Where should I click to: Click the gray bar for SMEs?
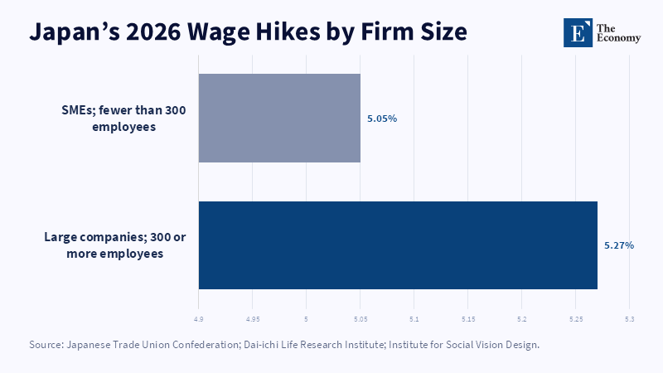(279, 118)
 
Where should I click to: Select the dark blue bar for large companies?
(398, 245)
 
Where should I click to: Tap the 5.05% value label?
(382, 119)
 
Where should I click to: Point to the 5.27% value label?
(619, 245)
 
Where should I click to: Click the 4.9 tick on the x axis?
(198, 319)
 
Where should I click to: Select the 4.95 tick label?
(253, 319)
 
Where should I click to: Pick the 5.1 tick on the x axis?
(414, 319)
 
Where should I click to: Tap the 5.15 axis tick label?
(468, 319)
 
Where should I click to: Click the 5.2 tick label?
(522, 319)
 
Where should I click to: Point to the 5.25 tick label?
(576, 319)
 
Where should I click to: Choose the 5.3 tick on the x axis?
(630, 319)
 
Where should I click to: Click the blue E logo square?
(578, 32)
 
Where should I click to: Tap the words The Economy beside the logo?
(618, 33)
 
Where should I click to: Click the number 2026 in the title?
(153, 31)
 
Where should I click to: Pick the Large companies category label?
(115, 245)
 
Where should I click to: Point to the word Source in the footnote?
(46, 345)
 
